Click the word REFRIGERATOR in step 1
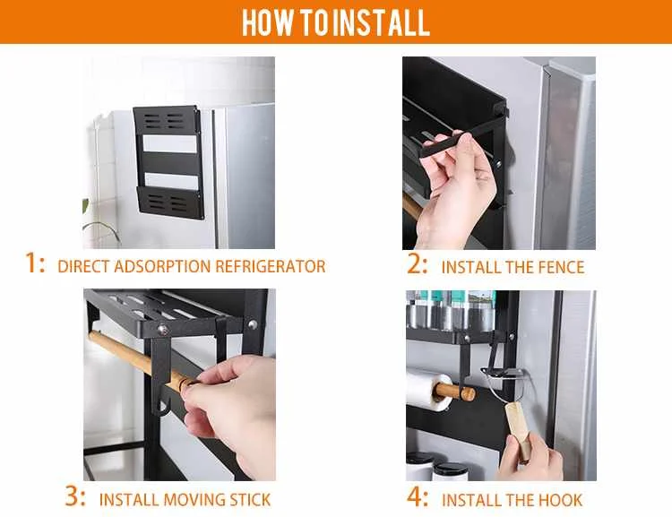click(270, 266)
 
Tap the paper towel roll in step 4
click(428, 391)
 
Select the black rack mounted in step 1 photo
click(168, 162)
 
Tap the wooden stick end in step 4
click(468, 393)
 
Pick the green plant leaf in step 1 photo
click(85, 206)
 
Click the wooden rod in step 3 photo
click(142, 360)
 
